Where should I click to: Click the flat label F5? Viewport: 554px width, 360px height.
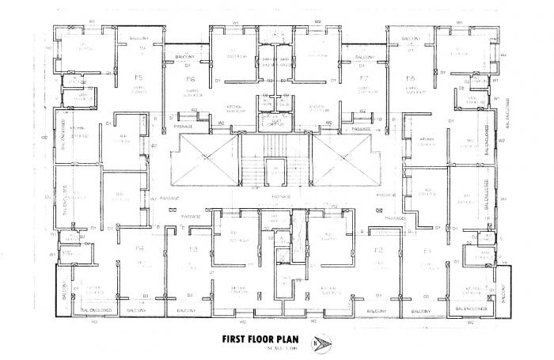coord(138,78)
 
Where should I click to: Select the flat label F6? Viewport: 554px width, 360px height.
coord(190,80)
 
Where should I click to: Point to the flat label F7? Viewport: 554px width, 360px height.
coord(364,79)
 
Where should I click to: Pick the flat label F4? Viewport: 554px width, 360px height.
coord(139,249)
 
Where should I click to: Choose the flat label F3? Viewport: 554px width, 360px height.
coord(192,250)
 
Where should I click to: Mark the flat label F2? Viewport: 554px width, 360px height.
coord(379,250)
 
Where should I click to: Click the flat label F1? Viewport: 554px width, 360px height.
coord(427,250)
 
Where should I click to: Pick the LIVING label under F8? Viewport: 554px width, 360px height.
coord(411,89)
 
